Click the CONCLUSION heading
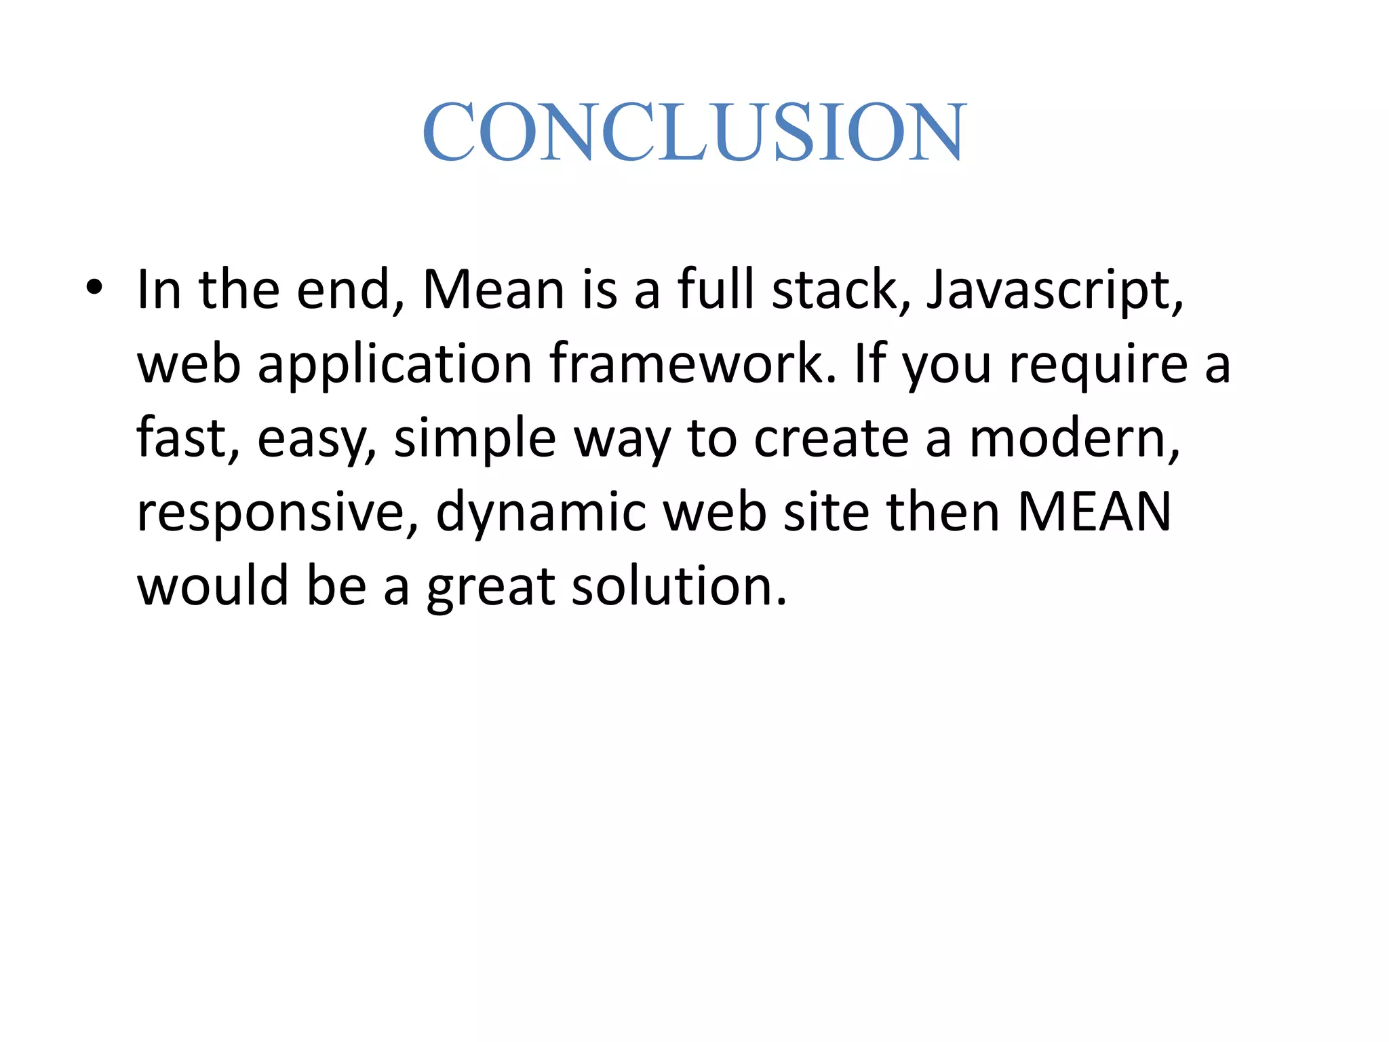click(694, 132)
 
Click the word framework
click(692, 364)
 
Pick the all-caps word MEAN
click(1094, 512)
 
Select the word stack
click(842, 290)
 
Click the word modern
click(1074, 438)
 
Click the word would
click(214, 586)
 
